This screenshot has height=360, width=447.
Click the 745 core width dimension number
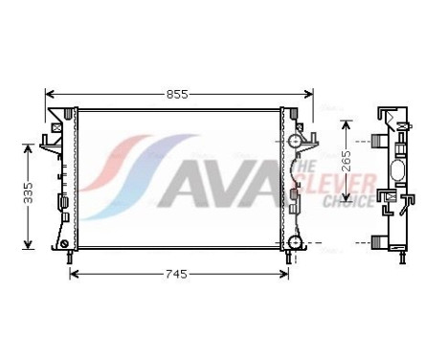173,274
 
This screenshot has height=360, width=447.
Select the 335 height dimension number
29,193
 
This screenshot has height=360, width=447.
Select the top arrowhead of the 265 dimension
346,124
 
